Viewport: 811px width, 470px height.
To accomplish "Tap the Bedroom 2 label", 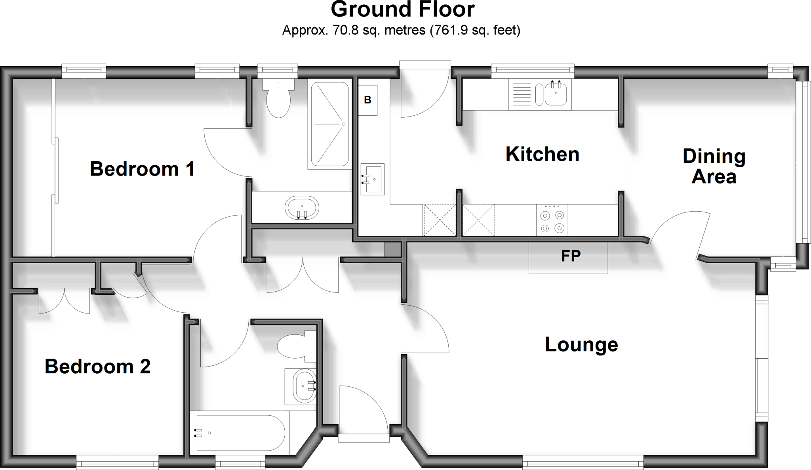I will [x=97, y=367].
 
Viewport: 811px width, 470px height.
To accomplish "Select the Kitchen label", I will [x=542, y=154].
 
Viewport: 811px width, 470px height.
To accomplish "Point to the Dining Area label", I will [x=714, y=166].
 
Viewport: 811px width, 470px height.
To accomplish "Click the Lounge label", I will [x=581, y=344].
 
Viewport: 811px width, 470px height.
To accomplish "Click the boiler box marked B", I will [x=367, y=100].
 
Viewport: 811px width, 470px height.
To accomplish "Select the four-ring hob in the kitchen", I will [x=552, y=221].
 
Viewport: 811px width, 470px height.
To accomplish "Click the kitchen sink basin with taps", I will [x=556, y=94].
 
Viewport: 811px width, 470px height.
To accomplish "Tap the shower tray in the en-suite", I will [x=330, y=124].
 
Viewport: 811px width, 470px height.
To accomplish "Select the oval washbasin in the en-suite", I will [x=302, y=207].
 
